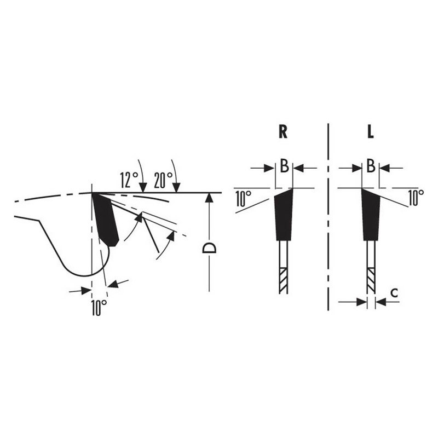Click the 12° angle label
pyautogui.click(x=130, y=179)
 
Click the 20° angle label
pyautogui.click(x=163, y=179)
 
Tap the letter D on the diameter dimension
pyautogui.click(x=209, y=248)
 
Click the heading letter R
pyautogui.click(x=283, y=132)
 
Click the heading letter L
pyautogui.click(x=371, y=132)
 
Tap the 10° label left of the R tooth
pyautogui.click(x=243, y=198)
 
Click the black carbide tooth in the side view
pyautogui.click(x=106, y=219)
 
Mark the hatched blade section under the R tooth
pyautogui.click(x=283, y=280)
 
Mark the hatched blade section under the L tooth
pyautogui.click(x=371, y=280)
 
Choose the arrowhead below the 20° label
pyautogui.click(x=176, y=188)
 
